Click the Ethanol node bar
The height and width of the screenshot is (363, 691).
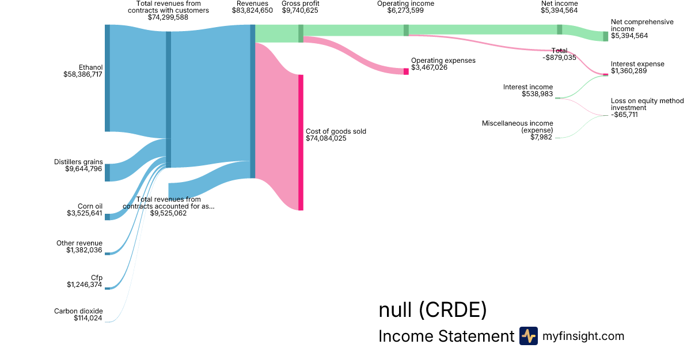[x=107, y=78]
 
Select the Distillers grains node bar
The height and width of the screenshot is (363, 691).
[x=107, y=172]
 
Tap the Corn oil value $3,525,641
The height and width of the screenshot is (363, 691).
[x=85, y=213]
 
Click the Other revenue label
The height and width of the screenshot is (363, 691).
[x=79, y=243]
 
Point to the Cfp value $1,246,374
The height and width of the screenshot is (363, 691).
[x=85, y=284]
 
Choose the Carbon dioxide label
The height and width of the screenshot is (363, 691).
[x=78, y=311]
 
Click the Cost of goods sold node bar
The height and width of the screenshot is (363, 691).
[x=301, y=142]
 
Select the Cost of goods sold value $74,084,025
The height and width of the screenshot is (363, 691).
[x=326, y=138]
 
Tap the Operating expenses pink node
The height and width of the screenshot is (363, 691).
[x=406, y=71]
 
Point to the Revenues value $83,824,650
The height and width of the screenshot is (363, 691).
[x=252, y=10]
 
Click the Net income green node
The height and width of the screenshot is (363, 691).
[x=559, y=29]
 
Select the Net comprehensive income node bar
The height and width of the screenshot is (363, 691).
[x=605, y=36]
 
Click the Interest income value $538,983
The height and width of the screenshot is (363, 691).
[x=537, y=94]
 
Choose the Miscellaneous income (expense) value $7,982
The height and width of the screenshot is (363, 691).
[x=541, y=137]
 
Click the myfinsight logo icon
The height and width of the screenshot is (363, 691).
[x=528, y=336]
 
